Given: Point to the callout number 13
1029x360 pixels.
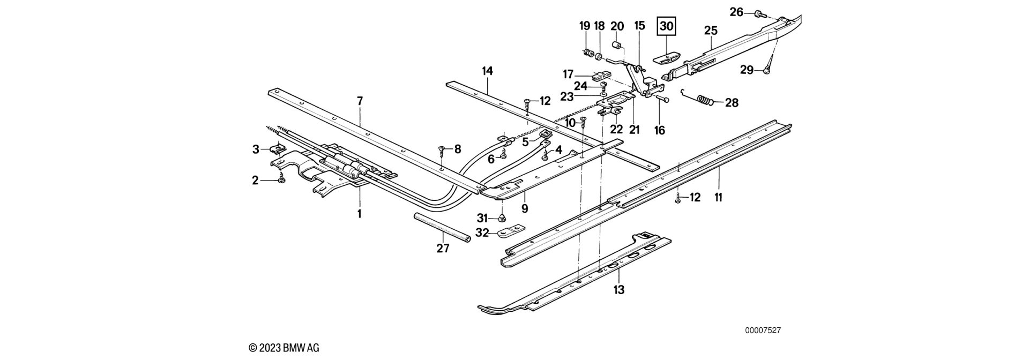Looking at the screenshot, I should coord(619,290).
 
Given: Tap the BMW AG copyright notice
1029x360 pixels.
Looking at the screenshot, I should coord(284,348).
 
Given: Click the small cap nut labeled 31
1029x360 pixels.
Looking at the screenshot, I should coord(503,217).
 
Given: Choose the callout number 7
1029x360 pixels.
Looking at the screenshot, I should coord(360,100).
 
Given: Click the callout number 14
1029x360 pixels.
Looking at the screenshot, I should coord(487,70).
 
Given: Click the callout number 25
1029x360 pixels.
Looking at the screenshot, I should coord(711,31).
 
